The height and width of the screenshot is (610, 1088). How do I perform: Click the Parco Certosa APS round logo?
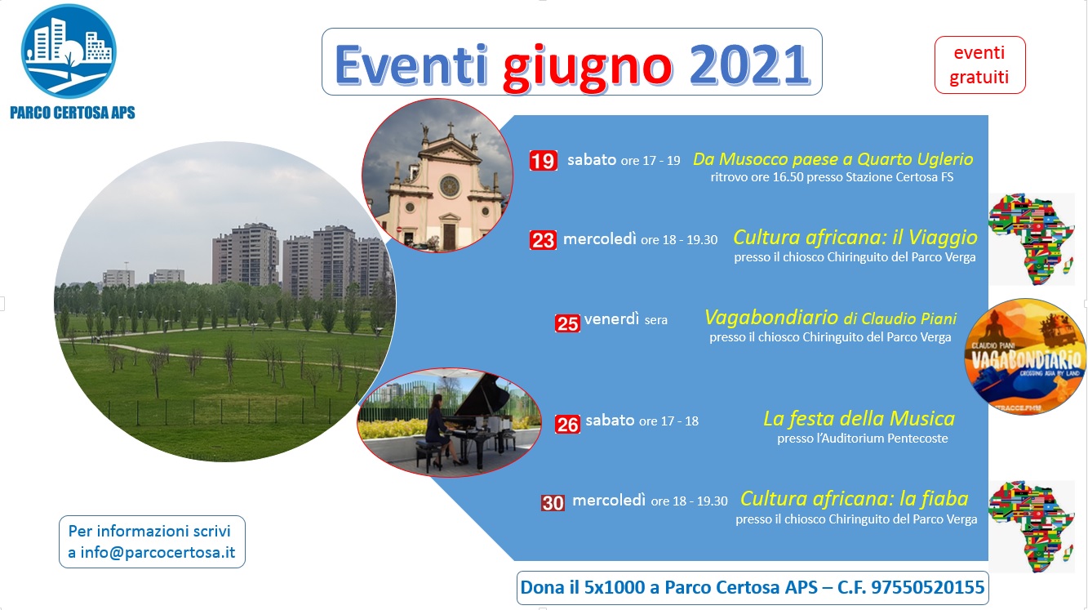69,51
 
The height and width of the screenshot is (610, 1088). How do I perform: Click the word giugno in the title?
588,68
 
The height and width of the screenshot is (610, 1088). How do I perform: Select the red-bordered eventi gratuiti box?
979,65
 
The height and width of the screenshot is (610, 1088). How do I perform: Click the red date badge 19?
543,160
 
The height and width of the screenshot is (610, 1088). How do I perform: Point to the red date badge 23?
543,240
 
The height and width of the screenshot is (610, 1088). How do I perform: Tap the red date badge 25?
567,323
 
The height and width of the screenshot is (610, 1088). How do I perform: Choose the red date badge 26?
567,425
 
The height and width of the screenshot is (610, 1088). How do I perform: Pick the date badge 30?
553,503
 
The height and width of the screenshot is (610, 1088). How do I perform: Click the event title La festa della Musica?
859,418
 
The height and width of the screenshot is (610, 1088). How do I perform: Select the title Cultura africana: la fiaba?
854,499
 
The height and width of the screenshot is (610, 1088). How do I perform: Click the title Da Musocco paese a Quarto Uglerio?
833,159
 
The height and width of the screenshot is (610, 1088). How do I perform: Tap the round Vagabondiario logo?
1025,356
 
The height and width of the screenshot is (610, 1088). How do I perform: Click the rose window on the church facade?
450,186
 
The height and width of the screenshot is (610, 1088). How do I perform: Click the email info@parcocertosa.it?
158,553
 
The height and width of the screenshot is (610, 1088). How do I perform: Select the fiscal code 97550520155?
928,587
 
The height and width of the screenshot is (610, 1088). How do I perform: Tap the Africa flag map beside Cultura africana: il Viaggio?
1031,238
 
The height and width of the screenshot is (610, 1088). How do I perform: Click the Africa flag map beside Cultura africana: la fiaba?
1031,527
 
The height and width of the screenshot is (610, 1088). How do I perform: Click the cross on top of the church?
451,129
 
